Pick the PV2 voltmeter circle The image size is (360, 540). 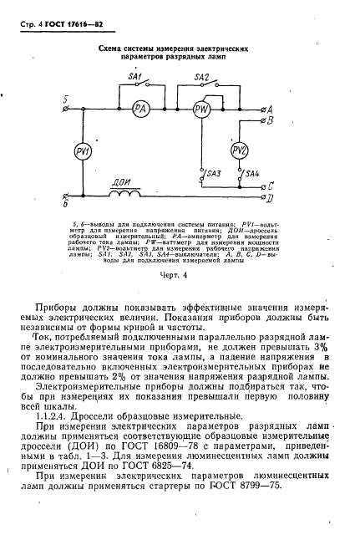coord(240,150)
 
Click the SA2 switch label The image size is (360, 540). coord(201,77)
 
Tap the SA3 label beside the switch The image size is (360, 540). coord(215,173)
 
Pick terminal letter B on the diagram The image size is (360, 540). coord(267,120)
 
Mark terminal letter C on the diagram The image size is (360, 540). coord(267,186)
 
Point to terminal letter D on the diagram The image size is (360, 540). coord(267,200)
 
